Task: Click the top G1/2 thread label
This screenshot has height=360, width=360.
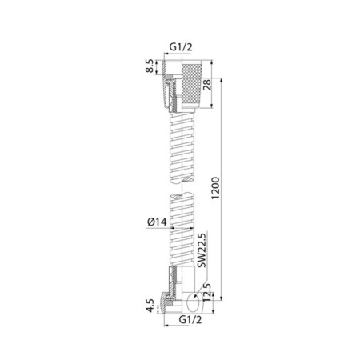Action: click(x=181, y=47)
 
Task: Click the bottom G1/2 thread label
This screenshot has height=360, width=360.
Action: click(x=190, y=319)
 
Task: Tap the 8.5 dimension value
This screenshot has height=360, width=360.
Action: click(x=150, y=66)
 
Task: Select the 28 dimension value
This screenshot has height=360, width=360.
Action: click(x=207, y=85)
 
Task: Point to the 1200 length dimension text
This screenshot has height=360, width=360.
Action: click(x=215, y=188)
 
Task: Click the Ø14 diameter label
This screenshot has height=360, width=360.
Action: click(x=157, y=222)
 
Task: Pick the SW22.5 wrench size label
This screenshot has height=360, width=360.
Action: click(x=202, y=250)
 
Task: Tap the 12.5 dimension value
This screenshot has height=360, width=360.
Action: click(x=207, y=292)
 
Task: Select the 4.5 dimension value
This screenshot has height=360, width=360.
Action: click(x=150, y=306)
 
